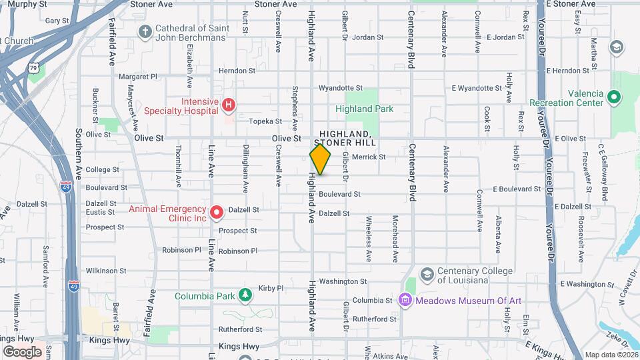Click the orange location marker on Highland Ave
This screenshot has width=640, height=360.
point(320,159)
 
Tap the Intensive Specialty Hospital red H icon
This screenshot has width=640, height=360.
point(229,105)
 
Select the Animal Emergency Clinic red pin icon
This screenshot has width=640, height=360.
point(217,213)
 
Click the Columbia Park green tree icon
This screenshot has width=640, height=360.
point(246,295)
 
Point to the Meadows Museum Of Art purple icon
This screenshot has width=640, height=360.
point(404,301)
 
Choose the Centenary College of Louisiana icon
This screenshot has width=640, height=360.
point(427,273)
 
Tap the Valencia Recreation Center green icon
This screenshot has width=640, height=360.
point(614,97)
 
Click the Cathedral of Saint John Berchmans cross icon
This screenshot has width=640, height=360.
point(145,31)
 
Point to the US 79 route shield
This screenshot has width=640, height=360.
point(33,68)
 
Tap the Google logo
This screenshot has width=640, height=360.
point(22,351)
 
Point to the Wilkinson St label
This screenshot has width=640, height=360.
point(106,271)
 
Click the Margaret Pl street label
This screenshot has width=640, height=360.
point(137,77)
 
